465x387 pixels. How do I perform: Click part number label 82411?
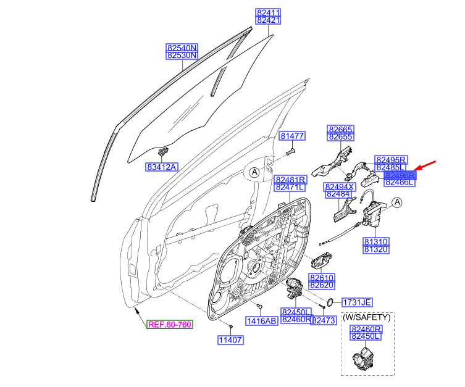tap(268, 13)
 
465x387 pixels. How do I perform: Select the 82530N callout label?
tap(182, 56)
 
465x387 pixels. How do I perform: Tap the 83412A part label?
tap(162, 167)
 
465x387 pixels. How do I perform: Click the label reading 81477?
tap(292, 136)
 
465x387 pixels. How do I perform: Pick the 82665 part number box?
tap(340, 130)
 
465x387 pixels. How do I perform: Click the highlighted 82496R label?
tap(400, 175)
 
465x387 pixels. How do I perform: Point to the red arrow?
tap(425, 166)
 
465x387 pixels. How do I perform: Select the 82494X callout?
tap(339, 187)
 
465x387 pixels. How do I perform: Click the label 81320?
tap(375, 249)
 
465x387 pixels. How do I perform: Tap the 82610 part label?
tap(322, 278)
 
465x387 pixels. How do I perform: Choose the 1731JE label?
tap(357, 302)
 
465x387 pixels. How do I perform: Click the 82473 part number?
tap(324, 320)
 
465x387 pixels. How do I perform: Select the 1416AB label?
tap(261, 321)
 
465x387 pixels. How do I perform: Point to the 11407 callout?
tap(230, 340)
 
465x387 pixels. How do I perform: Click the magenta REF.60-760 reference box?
tap(170, 325)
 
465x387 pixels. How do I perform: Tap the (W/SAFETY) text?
tap(367, 317)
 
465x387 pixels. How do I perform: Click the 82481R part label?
tap(290, 180)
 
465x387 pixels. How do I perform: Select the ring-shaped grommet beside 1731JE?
tap(330, 302)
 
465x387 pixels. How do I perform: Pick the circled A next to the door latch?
tap(397, 202)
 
